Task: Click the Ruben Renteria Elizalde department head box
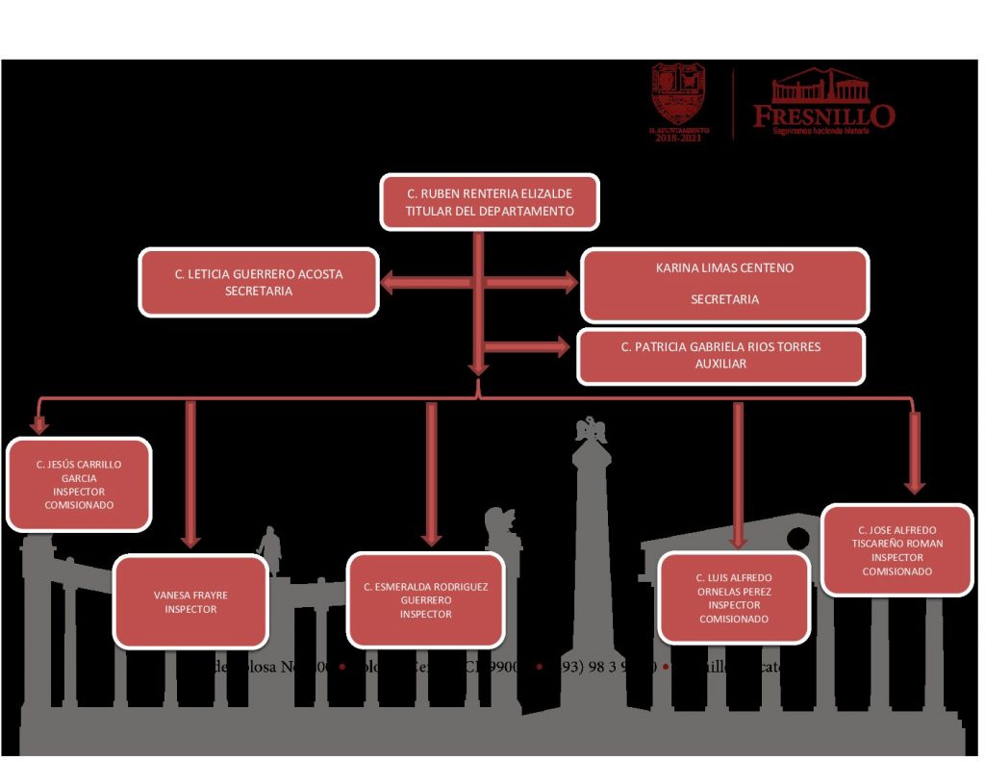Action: tap(490, 202)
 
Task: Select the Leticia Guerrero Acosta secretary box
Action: tap(259, 282)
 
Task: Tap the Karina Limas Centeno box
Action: tap(724, 284)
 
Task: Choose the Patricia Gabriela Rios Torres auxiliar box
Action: tap(720, 355)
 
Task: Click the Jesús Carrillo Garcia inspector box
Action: tap(79, 484)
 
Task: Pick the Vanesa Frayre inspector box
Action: tap(190, 601)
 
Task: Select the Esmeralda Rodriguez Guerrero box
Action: tap(425, 599)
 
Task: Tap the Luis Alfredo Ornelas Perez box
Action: tap(734, 597)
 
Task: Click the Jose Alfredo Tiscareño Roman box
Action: tap(897, 549)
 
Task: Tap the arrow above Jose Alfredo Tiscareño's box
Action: tap(915, 452)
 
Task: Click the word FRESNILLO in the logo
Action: tap(823, 116)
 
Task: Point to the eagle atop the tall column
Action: tap(591, 430)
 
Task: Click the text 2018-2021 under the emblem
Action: tap(678, 139)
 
